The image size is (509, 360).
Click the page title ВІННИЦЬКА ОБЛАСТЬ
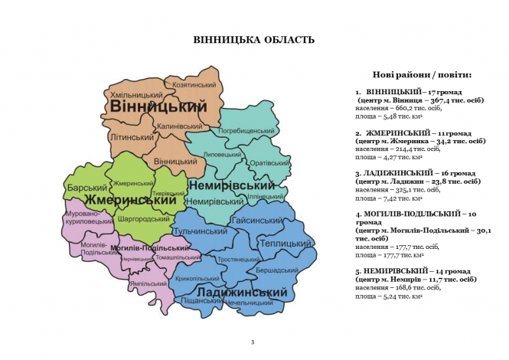point(253,40)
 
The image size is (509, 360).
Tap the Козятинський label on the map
point(195,84)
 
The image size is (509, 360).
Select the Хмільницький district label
point(137,94)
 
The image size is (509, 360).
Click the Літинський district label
point(132,137)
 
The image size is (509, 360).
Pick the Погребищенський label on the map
point(246,131)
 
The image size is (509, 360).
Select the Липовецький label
point(223,154)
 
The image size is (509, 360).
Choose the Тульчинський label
point(201,231)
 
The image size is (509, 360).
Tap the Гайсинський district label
point(256,220)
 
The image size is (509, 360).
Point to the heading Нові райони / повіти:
point(422,75)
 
